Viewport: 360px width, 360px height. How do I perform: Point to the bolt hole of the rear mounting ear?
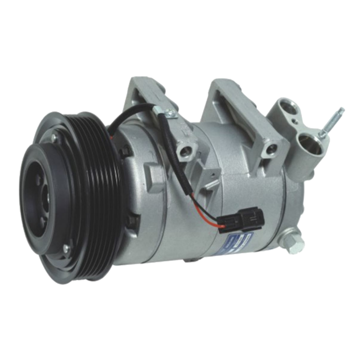coord(268,150)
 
